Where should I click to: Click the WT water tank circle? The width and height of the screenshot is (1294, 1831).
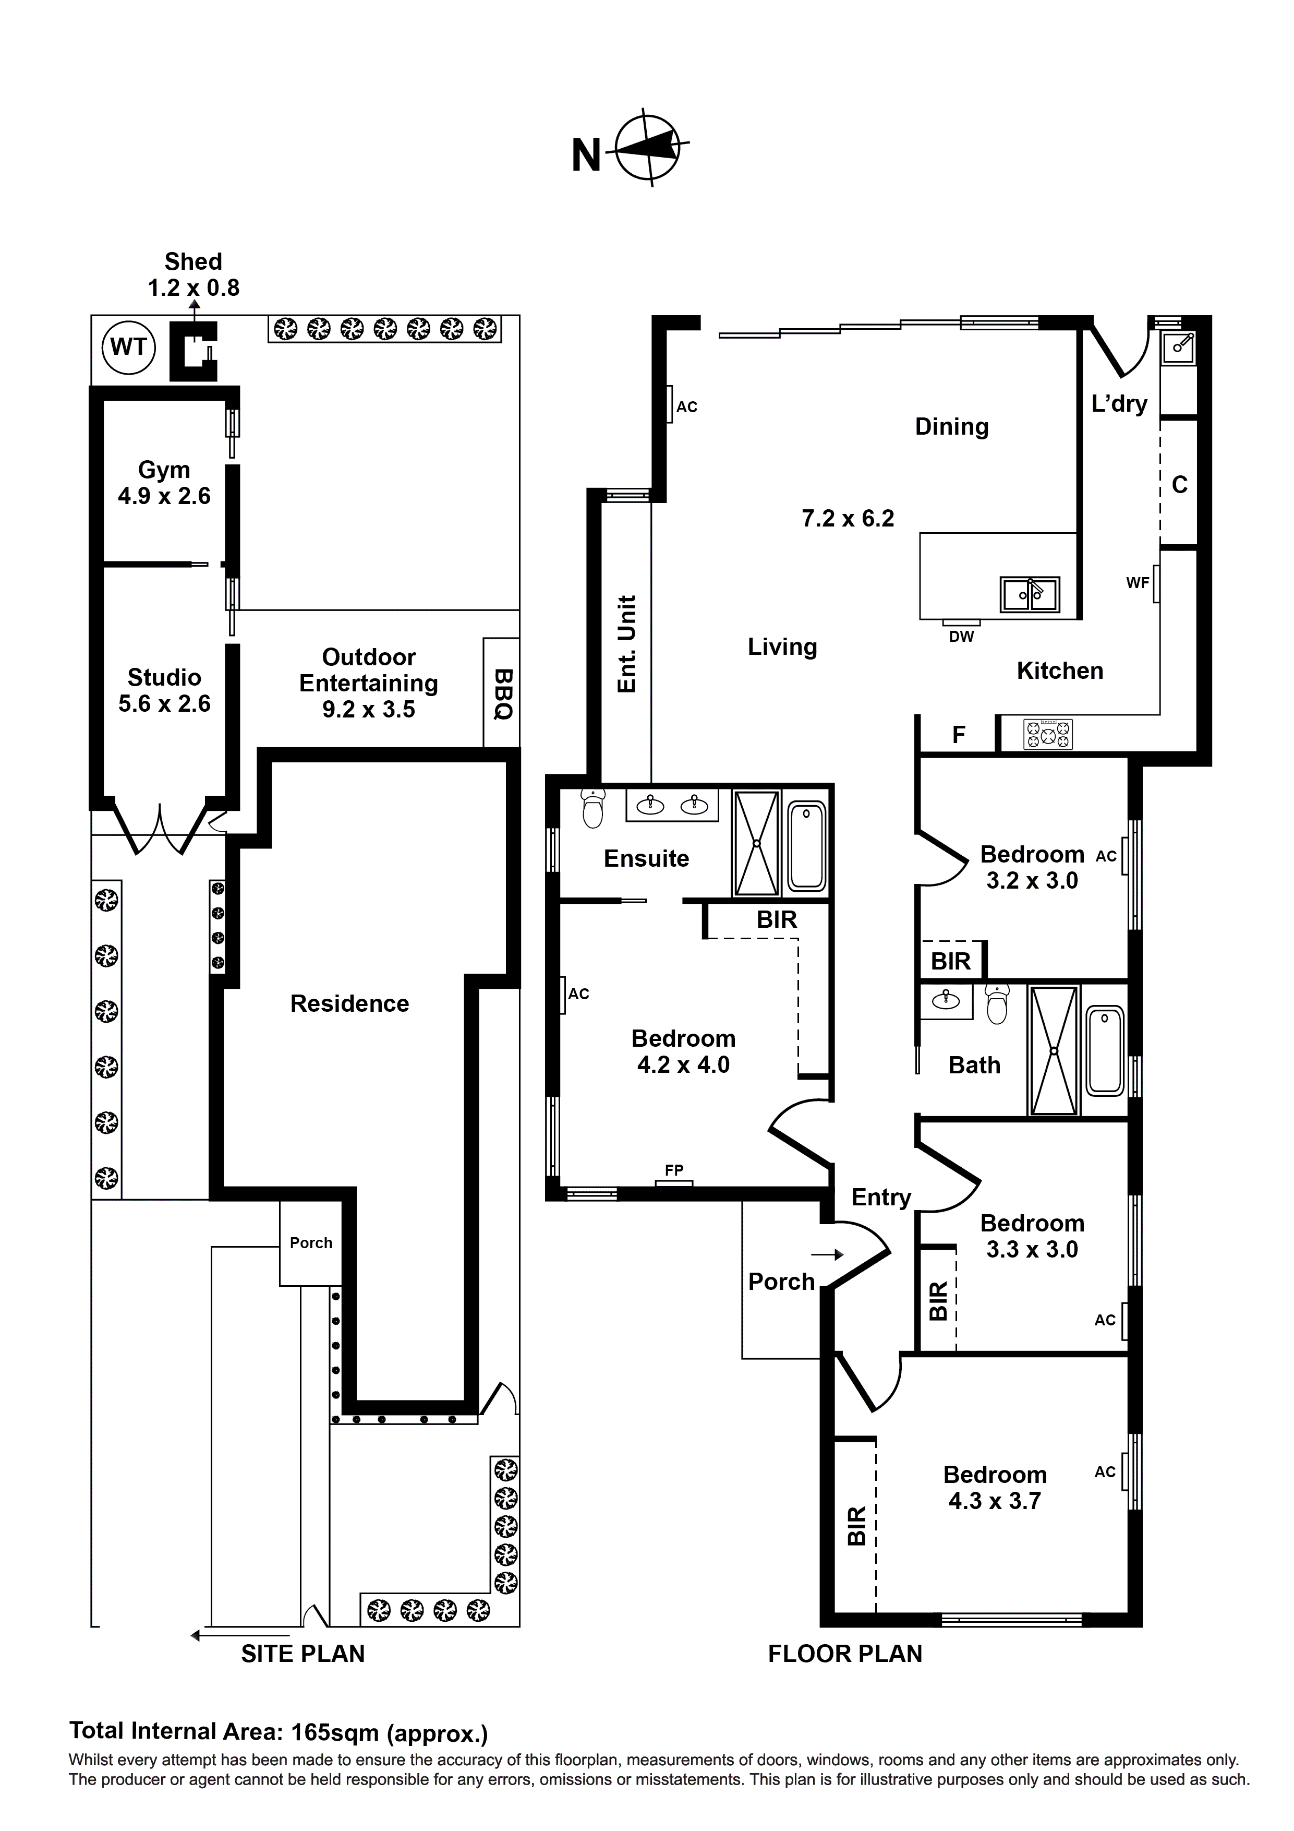click(128, 347)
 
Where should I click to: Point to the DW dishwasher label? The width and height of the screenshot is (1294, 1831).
click(962, 637)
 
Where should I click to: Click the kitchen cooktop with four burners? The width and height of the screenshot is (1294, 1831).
click(1048, 734)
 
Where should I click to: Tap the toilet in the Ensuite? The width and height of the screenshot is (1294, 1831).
click(593, 809)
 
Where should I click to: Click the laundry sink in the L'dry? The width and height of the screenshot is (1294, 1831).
click(1178, 347)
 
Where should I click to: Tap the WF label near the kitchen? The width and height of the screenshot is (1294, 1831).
click(1138, 583)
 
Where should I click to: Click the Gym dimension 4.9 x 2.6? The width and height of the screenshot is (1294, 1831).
click(164, 496)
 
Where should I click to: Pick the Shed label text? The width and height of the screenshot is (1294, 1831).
click(193, 261)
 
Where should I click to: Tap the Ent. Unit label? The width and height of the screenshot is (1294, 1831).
click(627, 643)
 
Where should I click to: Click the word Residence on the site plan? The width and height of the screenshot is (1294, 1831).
click(349, 1003)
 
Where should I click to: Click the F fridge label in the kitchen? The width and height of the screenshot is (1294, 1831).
click(959, 735)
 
